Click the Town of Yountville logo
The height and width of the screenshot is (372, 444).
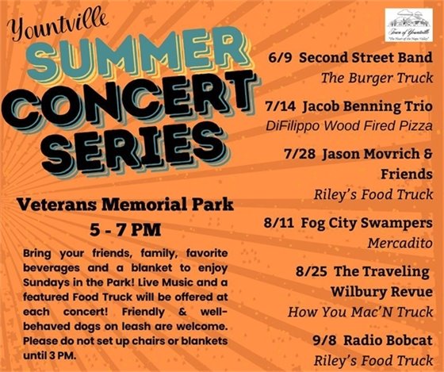coord(408,24)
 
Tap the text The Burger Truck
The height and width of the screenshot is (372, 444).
coord(377,79)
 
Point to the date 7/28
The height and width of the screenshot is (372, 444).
coord(297,151)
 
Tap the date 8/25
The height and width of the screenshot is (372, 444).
coord(309,270)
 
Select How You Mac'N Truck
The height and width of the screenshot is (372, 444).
coord(361,312)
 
